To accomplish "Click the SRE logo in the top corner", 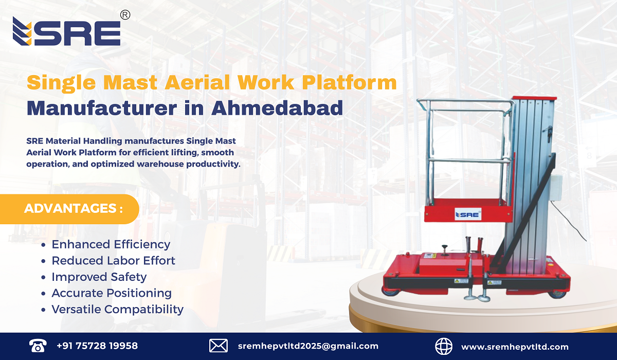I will coord(66,31).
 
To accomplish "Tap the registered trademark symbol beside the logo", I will coord(124,15).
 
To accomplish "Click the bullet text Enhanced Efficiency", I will coord(111,244).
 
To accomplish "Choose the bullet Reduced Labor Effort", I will coord(113,261).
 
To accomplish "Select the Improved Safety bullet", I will coord(99,277).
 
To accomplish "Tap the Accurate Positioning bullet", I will coord(112,293).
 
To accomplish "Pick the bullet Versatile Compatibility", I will coord(117,310).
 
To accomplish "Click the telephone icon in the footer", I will coord(37,346).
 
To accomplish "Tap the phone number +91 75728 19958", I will coord(97,346).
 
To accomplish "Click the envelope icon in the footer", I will coord(217,346).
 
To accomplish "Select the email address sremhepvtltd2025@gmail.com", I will coord(308,346).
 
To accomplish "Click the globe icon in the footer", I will coord(443,346).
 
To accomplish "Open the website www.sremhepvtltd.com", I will coord(515,347).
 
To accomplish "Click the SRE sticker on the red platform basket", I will coord(467,214).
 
